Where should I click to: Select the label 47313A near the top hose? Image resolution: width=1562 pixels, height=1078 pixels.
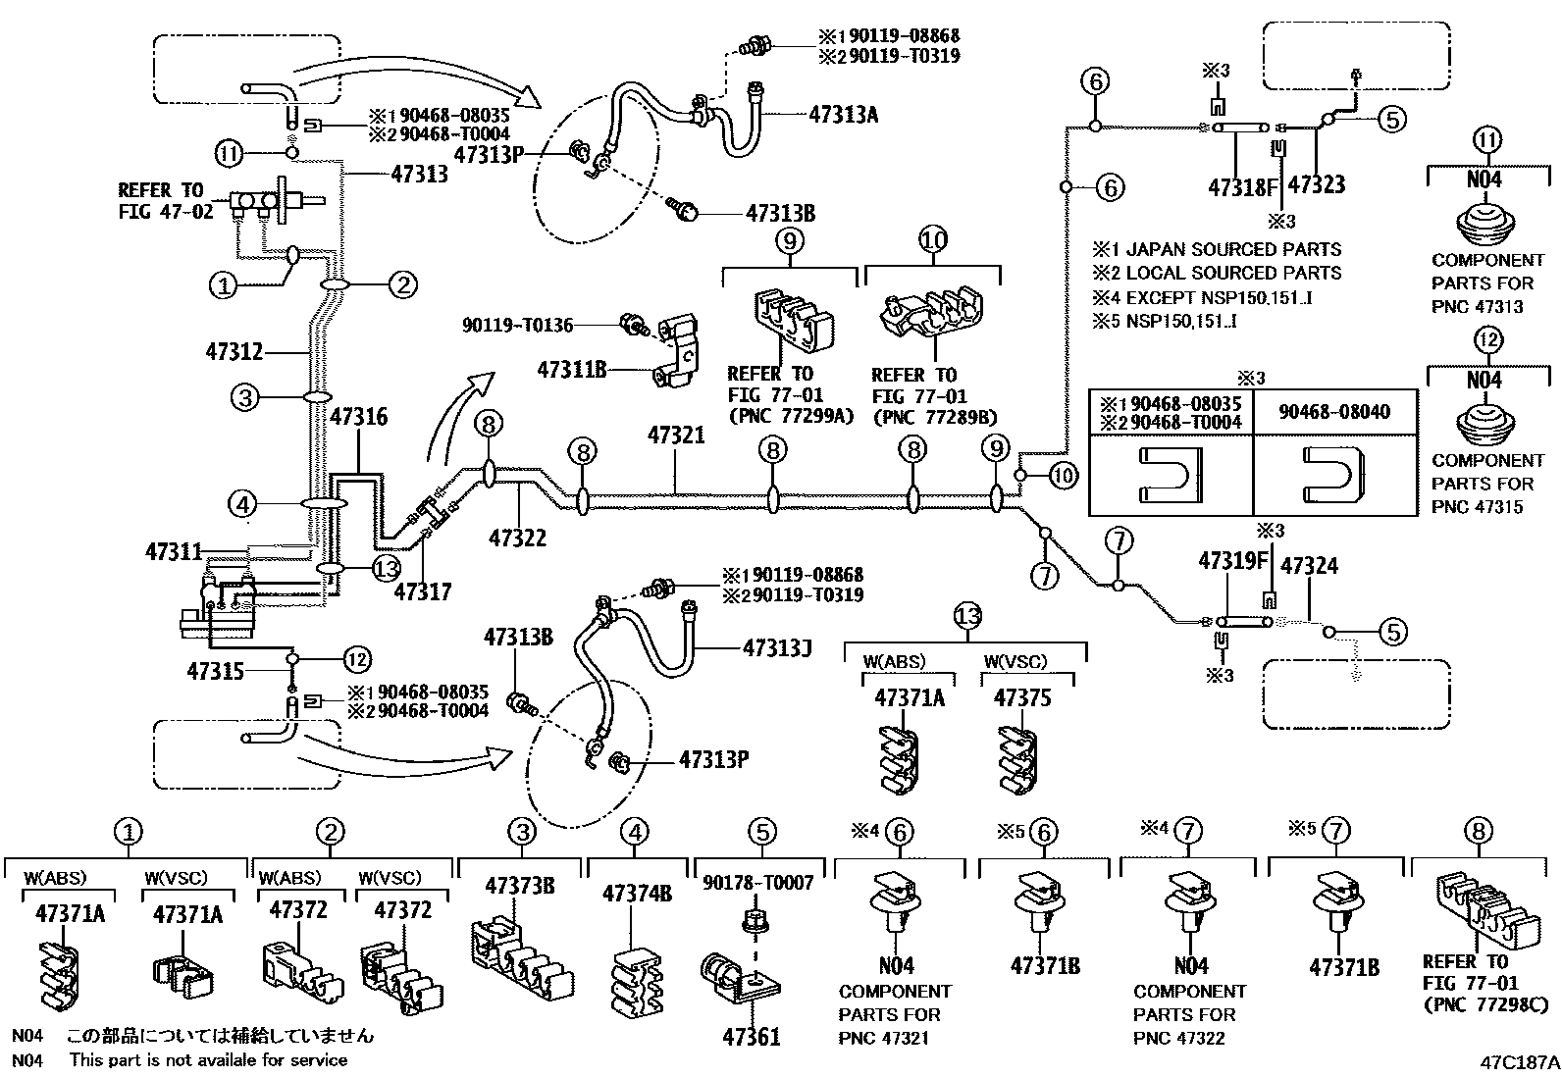[x=843, y=115]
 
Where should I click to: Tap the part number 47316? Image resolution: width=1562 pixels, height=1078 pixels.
[x=358, y=417]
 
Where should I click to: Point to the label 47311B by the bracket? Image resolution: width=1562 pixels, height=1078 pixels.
[x=571, y=370]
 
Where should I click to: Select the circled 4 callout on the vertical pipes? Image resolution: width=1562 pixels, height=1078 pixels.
[x=242, y=505]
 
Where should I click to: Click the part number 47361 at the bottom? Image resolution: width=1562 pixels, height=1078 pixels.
[x=752, y=1036]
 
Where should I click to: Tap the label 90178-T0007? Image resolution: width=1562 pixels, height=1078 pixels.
[x=757, y=883]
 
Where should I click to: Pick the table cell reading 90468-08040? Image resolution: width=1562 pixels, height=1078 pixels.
[x=1333, y=412]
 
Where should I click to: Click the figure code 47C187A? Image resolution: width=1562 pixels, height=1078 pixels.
[x=1520, y=1061]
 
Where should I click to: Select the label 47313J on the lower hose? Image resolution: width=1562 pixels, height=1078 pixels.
[x=778, y=648]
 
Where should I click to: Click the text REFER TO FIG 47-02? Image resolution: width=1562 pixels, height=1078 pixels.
[x=165, y=200]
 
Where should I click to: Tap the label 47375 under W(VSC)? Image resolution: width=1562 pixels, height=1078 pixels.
[x=1021, y=698]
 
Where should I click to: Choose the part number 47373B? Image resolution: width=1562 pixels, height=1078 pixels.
[x=519, y=887]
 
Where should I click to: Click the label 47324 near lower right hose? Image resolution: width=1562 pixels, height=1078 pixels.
[x=1309, y=566]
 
